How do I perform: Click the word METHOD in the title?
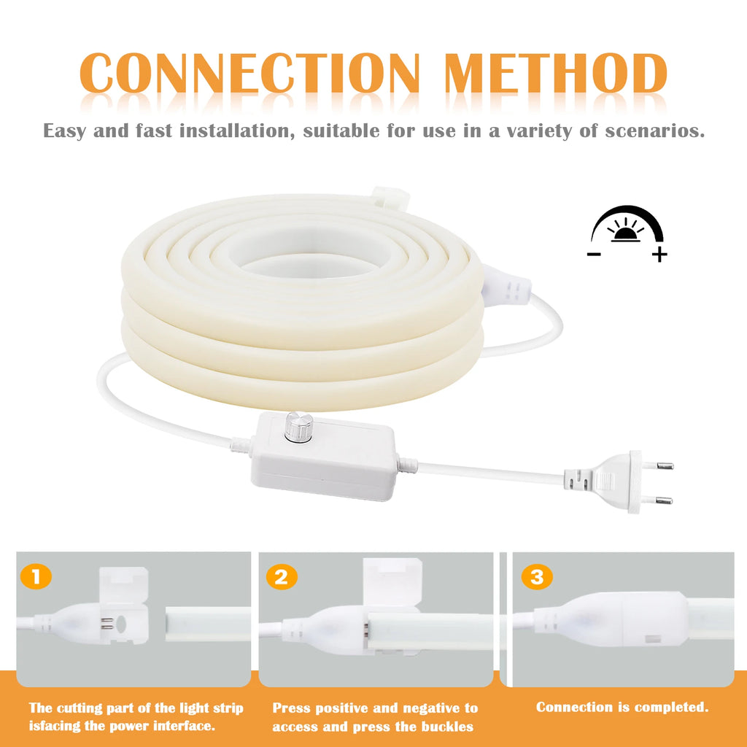pos(556,73)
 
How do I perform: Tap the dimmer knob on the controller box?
pos(298,427)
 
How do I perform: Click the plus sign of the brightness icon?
pos(659,255)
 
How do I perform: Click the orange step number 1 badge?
pos(36,578)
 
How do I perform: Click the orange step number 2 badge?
pos(281,578)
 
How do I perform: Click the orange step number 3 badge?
pos(537,578)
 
